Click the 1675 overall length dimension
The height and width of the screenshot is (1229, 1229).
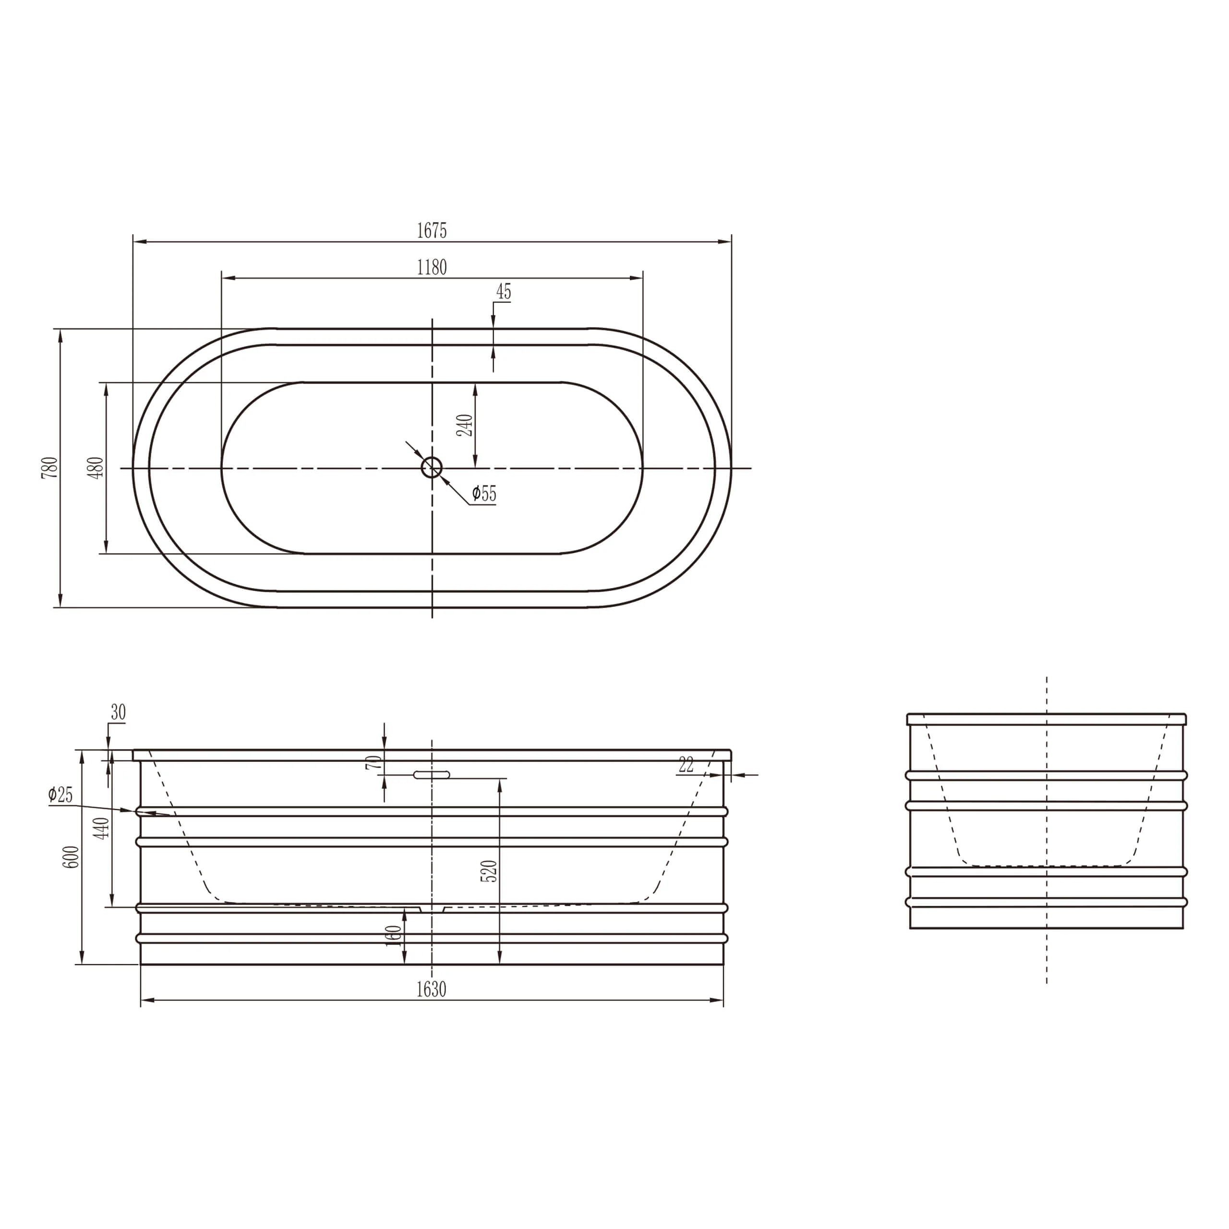point(432,230)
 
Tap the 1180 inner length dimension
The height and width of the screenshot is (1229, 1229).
point(432,267)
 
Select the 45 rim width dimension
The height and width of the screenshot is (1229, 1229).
point(503,292)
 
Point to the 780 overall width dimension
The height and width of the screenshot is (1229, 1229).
point(50,468)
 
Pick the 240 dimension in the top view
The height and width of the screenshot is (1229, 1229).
point(465,425)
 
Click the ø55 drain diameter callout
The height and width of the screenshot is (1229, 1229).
point(484,494)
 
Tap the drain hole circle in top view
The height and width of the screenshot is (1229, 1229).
point(432,468)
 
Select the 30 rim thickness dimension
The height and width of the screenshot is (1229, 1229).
point(118,712)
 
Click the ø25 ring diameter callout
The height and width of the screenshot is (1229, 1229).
point(60,795)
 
